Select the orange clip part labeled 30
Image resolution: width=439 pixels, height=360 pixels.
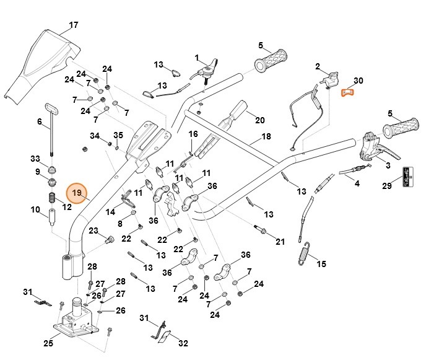[x=349, y=94]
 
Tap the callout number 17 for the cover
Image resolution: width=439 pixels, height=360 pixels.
[x=74, y=25]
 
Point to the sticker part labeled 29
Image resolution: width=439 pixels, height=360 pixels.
[x=407, y=177]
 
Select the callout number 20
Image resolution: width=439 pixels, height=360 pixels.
[x=259, y=120]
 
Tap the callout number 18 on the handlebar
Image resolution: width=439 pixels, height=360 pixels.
[x=266, y=136]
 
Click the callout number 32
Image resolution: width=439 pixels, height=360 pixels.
[x=183, y=343]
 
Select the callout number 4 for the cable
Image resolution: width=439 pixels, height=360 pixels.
[x=357, y=183]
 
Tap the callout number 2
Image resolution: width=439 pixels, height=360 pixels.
[x=318, y=66]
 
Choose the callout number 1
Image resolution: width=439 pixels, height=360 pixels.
[x=198, y=58]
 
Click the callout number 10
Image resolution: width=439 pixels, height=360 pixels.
[x=35, y=209]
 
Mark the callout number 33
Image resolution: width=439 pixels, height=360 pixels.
[x=35, y=159]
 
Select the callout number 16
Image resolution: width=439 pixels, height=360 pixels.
[x=193, y=134]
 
